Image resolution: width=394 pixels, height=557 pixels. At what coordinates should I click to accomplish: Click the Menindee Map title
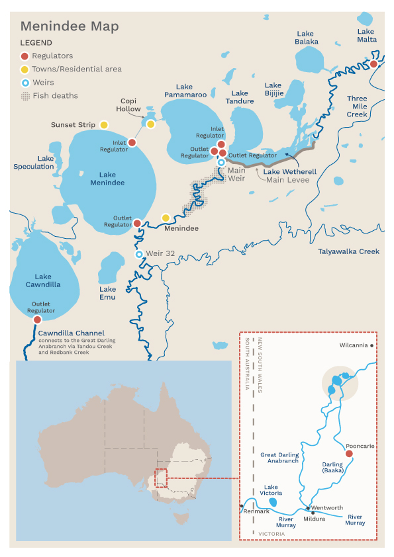point(70,26)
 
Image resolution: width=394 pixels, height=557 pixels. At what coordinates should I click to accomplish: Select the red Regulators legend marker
point(25,56)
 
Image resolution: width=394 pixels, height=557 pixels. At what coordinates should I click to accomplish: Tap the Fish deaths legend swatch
point(25,96)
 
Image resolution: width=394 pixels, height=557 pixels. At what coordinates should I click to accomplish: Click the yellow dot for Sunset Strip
point(104,124)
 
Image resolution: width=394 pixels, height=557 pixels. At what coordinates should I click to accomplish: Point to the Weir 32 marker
point(139,254)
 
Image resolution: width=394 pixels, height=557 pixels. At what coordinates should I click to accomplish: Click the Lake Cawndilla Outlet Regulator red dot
point(37,320)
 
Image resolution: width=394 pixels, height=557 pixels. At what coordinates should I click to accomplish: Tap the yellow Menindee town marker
point(166,218)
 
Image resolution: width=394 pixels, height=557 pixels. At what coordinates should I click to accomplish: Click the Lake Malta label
point(366,36)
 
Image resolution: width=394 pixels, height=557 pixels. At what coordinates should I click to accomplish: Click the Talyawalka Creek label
point(348,251)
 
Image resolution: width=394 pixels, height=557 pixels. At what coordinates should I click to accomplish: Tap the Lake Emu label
point(107,293)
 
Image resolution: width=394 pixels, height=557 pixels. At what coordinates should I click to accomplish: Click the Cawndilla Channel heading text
point(71,333)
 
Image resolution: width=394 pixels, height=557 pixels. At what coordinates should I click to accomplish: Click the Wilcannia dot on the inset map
point(372,345)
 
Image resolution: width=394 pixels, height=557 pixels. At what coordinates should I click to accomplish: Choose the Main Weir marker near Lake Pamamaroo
point(221,162)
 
